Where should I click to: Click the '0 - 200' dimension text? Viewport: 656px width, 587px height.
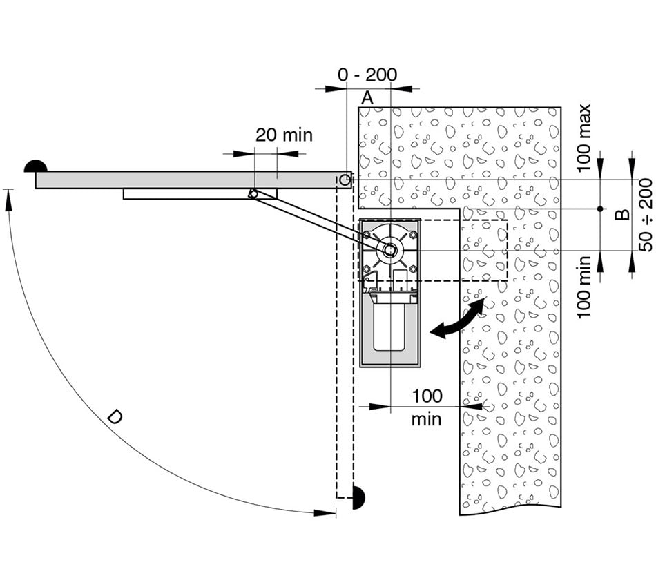pyautogui.click(x=367, y=75)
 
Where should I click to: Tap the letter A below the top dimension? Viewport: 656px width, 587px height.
pyautogui.click(x=367, y=98)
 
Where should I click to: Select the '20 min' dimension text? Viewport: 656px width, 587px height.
pyautogui.click(x=284, y=135)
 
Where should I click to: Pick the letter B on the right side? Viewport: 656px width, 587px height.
pyautogui.click(x=623, y=214)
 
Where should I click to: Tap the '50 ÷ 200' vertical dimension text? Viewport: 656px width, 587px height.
pyautogui.click(x=646, y=215)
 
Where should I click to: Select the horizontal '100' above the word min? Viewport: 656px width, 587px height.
pyautogui.click(x=427, y=396)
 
